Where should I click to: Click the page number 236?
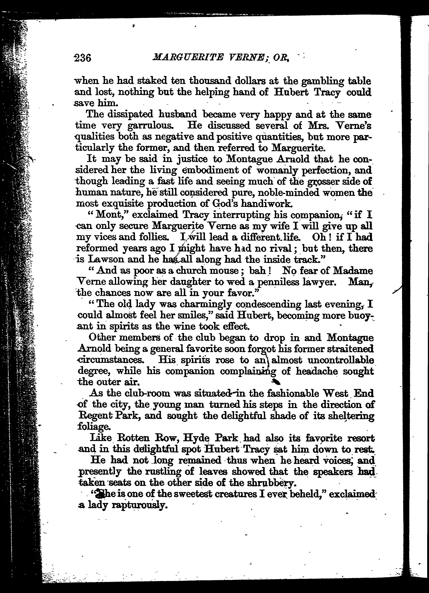(83, 57)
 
